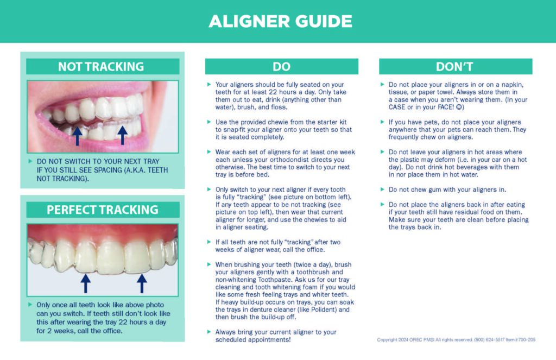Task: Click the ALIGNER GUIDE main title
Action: (280, 21)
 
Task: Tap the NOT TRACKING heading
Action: (101, 67)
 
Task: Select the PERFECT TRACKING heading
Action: (102, 210)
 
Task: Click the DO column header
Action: (281, 67)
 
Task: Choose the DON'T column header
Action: (454, 67)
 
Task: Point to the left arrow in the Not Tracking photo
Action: (78, 135)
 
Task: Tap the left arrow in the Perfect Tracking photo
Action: (85, 283)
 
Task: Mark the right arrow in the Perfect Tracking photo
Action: (142, 283)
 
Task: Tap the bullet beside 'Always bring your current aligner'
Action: (209, 332)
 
